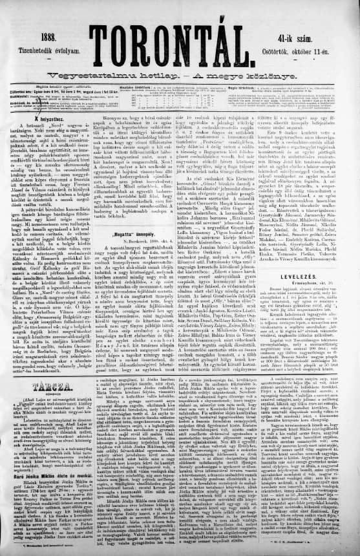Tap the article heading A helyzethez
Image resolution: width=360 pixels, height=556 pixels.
point(44,111)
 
